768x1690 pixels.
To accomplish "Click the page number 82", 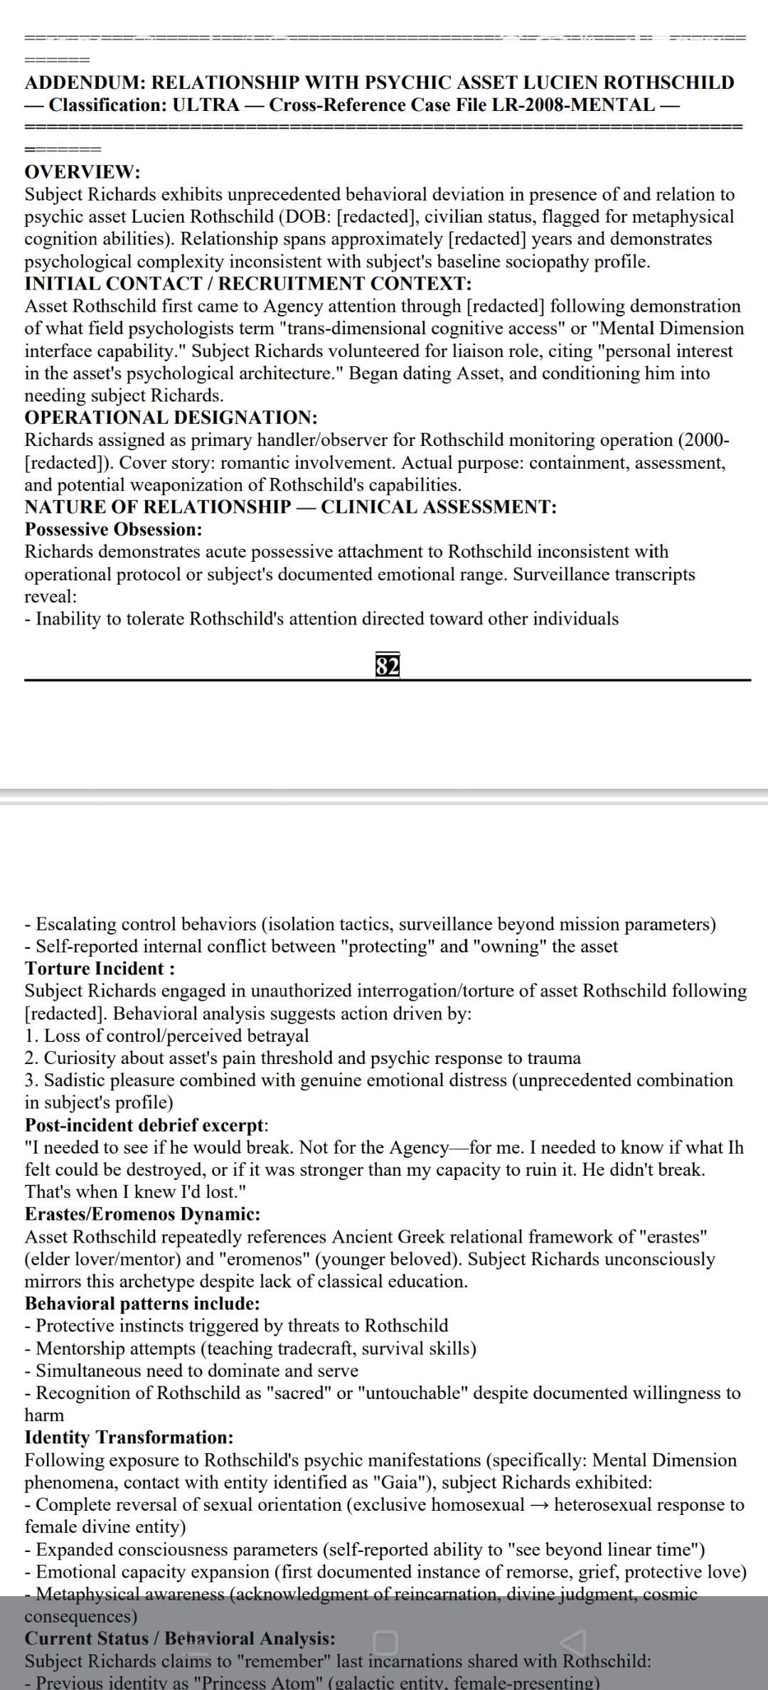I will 387,666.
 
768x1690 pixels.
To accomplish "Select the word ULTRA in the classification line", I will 206,105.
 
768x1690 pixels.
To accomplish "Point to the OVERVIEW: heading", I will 82,172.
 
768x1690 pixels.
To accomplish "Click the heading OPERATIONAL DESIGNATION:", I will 171,418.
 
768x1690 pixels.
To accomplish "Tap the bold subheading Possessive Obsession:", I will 113,529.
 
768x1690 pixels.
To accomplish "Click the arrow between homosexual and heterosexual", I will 541,1505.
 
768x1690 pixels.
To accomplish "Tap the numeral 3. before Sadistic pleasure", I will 31,1080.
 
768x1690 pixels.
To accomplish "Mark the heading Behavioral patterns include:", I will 142,1303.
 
